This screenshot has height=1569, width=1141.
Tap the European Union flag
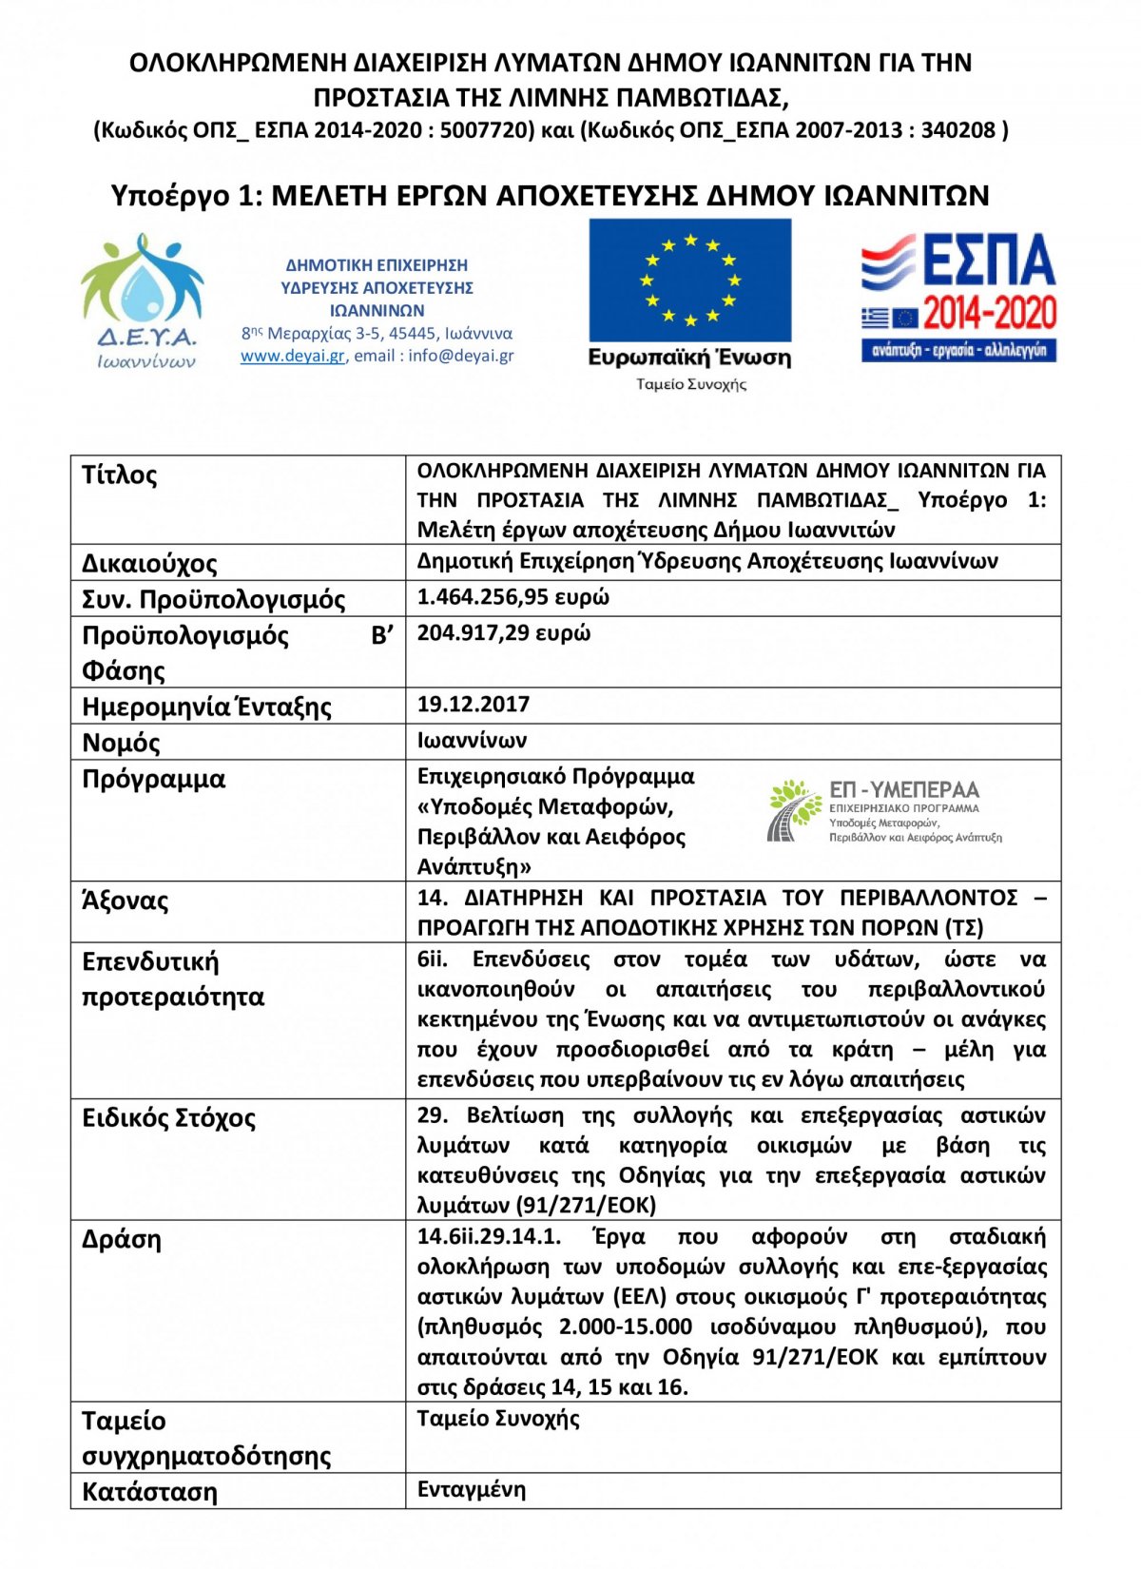689,281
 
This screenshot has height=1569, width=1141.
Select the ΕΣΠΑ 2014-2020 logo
958,298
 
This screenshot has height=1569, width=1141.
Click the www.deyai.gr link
292,357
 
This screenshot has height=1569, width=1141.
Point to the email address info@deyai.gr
461,357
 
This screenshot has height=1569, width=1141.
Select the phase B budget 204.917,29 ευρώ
504,633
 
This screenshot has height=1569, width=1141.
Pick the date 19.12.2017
474,705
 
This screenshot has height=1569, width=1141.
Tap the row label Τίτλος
120,475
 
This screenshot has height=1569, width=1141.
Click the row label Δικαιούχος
149,564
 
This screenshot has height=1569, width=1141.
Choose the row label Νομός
121,743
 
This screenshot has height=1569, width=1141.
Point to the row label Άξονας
126,901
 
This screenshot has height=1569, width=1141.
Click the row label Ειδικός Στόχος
169,1118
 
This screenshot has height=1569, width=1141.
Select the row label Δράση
122,1240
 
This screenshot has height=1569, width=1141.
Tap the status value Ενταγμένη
472,1490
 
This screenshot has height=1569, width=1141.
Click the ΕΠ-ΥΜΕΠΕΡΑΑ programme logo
884,811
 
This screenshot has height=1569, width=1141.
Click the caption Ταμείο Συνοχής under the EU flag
691,385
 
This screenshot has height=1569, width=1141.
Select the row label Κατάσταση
149,1492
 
